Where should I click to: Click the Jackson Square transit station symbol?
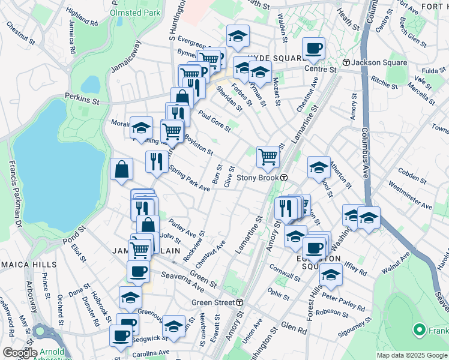click(346, 62)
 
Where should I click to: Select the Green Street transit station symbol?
click(240, 302)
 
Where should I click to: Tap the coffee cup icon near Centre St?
click(313, 48)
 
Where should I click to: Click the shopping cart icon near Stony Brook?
click(268, 157)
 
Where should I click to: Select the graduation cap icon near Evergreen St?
click(238, 37)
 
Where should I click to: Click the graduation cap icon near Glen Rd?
click(174, 326)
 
